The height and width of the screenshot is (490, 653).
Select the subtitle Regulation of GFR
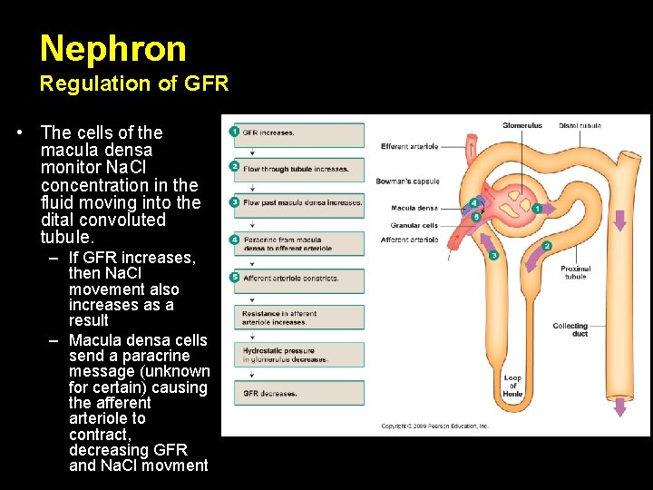[133, 84]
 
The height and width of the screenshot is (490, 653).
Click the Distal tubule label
[580, 125]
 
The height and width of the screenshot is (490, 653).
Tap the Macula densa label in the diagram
[414, 208]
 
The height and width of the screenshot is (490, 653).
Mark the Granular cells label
[414, 225]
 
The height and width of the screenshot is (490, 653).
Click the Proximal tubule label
[575, 272]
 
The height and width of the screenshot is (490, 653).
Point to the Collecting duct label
[570, 329]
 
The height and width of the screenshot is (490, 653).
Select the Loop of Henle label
[513, 386]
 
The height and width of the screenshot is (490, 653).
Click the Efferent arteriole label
[410, 146]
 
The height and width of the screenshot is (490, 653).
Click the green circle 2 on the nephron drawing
[547, 246]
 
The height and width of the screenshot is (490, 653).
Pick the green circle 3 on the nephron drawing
[493, 255]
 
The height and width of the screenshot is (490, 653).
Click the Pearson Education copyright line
[434, 426]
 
